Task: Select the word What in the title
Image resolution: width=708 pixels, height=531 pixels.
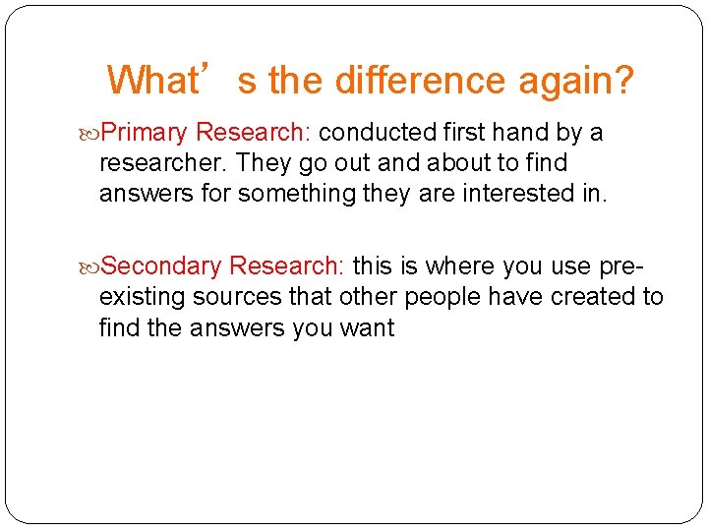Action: pyautogui.click(x=149, y=80)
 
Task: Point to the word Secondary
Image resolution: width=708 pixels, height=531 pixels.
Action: pyautogui.click(x=162, y=265)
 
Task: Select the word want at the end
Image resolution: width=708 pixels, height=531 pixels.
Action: pyautogui.click(x=368, y=327)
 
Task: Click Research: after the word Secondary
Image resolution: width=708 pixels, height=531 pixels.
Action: pyautogui.click(x=286, y=265)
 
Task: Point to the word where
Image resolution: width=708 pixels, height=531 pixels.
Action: pyautogui.click(x=459, y=265)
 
